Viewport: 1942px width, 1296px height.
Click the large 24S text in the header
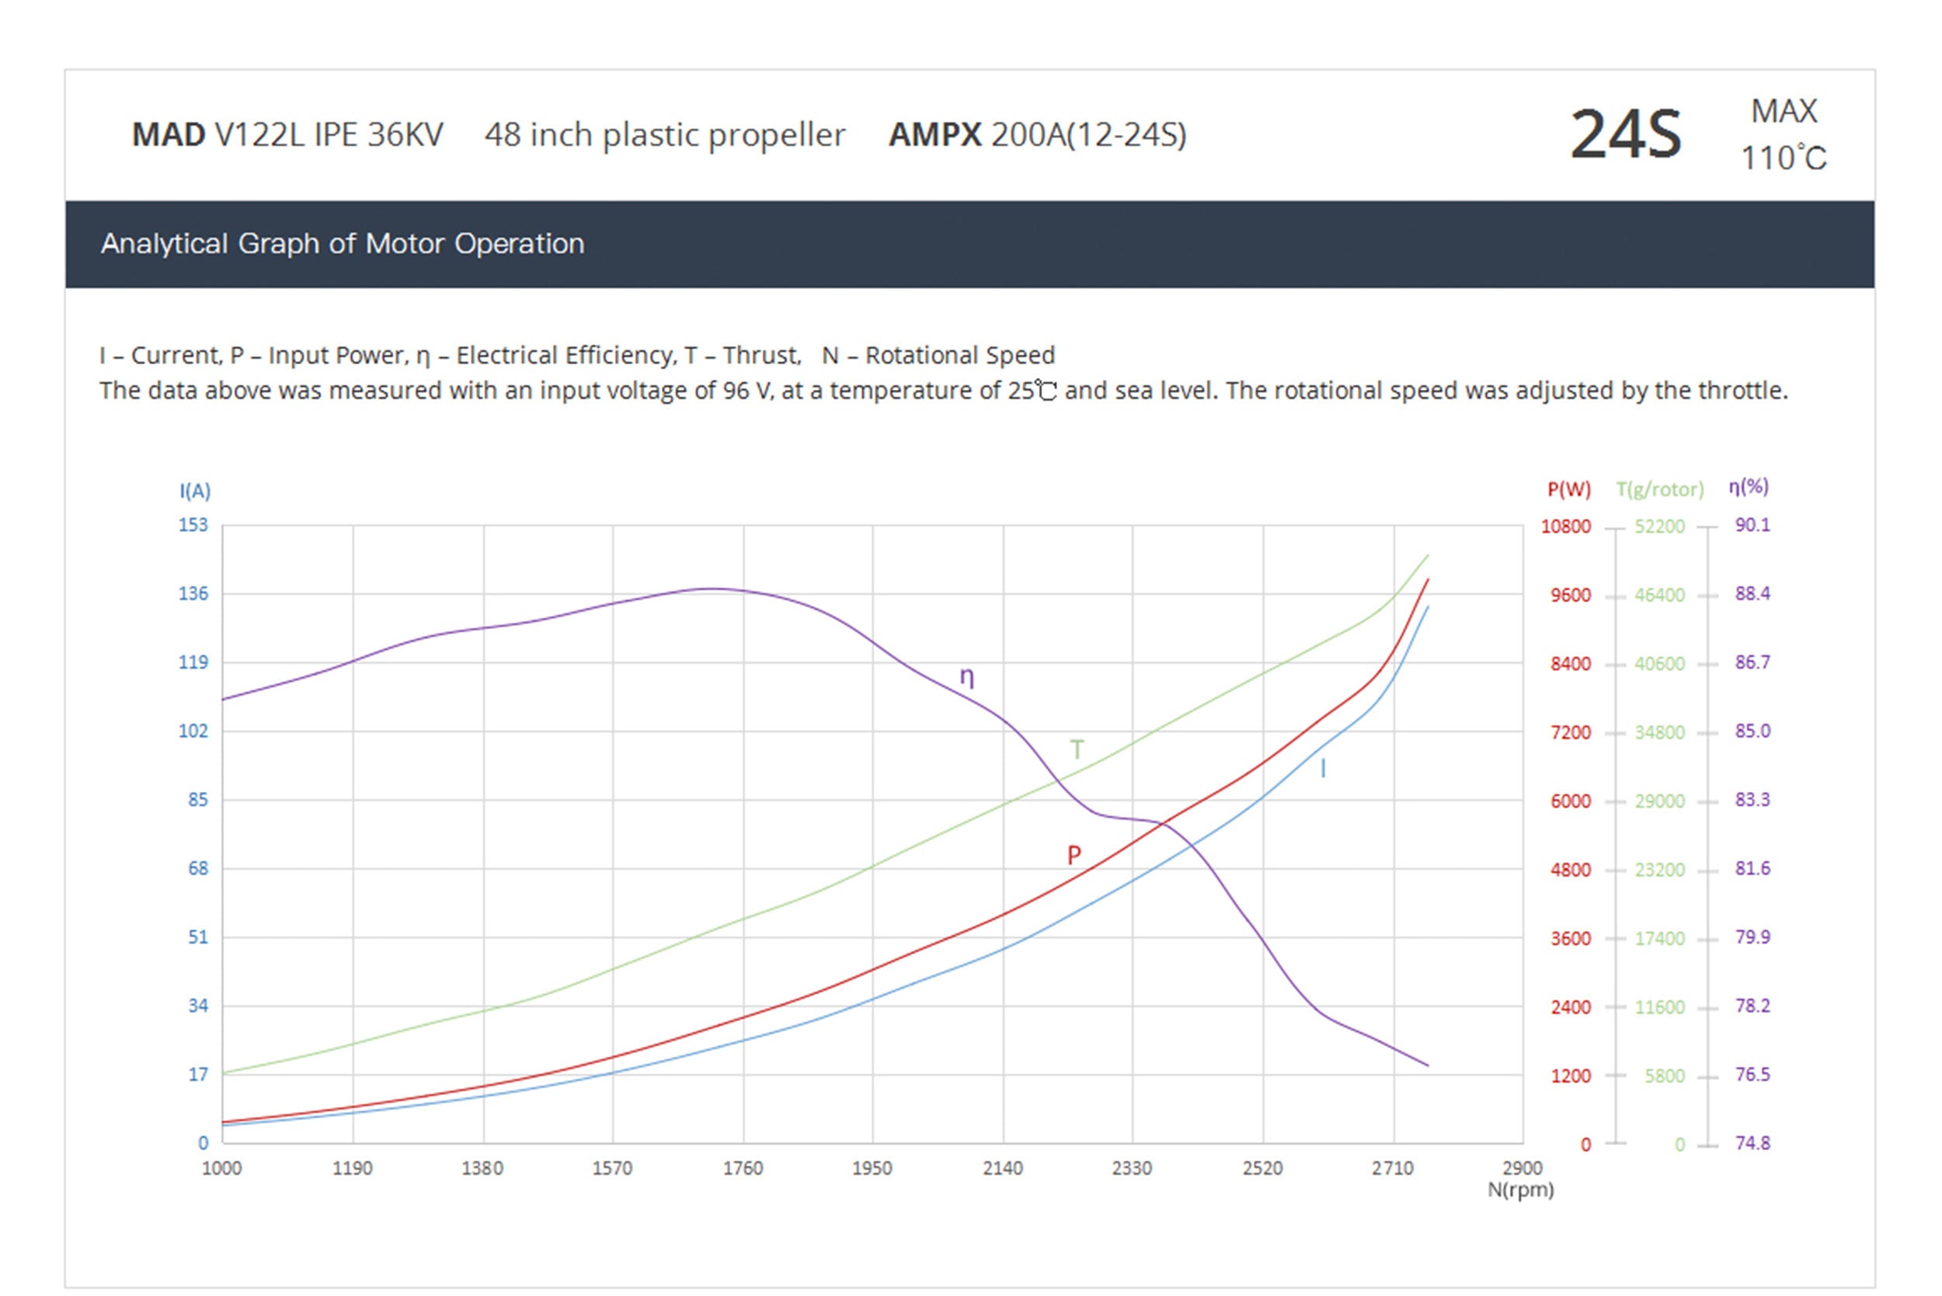pyautogui.click(x=1624, y=134)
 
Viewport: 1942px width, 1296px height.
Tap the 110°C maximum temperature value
pyautogui.click(x=1784, y=158)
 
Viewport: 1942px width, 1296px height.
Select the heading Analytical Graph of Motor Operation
pyautogui.click(x=343, y=244)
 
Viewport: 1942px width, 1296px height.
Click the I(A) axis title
pyautogui.click(x=195, y=491)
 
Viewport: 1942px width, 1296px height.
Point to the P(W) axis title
pyautogui.click(x=1568, y=489)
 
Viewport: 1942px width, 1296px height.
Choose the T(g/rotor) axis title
pyautogui.click(x=1659, y=489)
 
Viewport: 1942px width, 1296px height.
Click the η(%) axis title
pyautogui.click(x=1749, y=487)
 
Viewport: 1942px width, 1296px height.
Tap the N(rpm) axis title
pyautogui.click(x=1520, y=1190)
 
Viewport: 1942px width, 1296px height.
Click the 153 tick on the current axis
pyautogui.click(x=193, y=525)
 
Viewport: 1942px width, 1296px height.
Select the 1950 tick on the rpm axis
pyautogui.click(x=872, y=1168)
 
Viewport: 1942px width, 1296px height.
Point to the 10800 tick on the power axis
pyautogui.click(x=1565, y=526)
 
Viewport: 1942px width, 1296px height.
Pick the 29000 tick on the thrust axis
pyautogui.click(x=1658, y=801)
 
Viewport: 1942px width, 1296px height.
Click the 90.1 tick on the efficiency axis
pyautogui.click(x=1752, y=525)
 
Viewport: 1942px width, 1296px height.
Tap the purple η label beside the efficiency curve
pyautogui.click(x=966, y=677)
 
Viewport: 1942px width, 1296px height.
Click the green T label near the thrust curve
pyautogui.click(x=1077, y=749)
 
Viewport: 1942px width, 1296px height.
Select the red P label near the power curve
pyautogui.click(x=1073, y=855)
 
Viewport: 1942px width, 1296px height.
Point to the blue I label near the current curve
pyautogui.click(x=1323, y=769)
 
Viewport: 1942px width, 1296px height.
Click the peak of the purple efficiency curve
pyautogui.click(x=711, y=589)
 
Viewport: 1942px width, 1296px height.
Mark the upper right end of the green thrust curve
pyautogui.click(x=1428, y=555)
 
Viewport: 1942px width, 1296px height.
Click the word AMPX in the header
pyautogui.click(x=934, y=134)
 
